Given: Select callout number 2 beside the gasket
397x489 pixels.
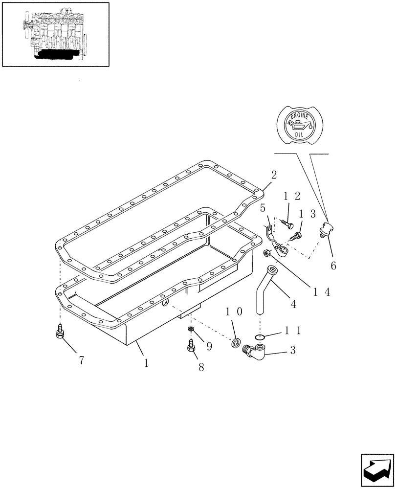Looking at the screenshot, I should tap(274, 175).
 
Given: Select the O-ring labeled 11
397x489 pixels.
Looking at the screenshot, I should tap(260, 337).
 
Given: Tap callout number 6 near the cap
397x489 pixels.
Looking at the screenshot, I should tap(333, 266).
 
